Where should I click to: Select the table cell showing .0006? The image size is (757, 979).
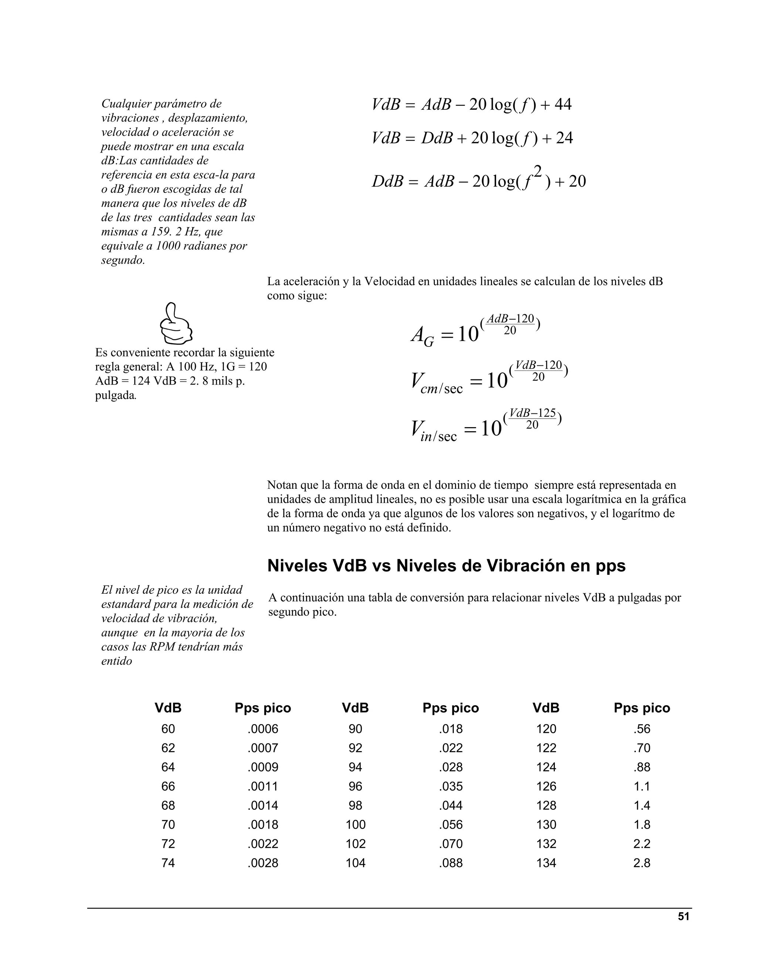click(263, 729)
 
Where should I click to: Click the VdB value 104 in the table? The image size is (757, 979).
click(355, 863)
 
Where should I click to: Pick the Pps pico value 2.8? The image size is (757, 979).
click(642, 863)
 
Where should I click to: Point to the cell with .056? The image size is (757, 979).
click(451, 824)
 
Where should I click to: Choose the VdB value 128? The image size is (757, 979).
click(546, 805)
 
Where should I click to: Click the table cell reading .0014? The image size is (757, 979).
click(263, 805)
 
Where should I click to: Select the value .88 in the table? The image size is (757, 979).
click(642, 767)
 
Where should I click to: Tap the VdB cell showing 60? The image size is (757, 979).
click(168, 729)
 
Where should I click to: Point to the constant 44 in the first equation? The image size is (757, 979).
click(563, 105)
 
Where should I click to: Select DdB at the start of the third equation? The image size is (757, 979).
click(387, 181)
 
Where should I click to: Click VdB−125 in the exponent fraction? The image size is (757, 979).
click(532, 413)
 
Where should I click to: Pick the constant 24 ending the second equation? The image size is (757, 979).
click(564, 138)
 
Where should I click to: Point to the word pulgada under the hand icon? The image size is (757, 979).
click(115, 395)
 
